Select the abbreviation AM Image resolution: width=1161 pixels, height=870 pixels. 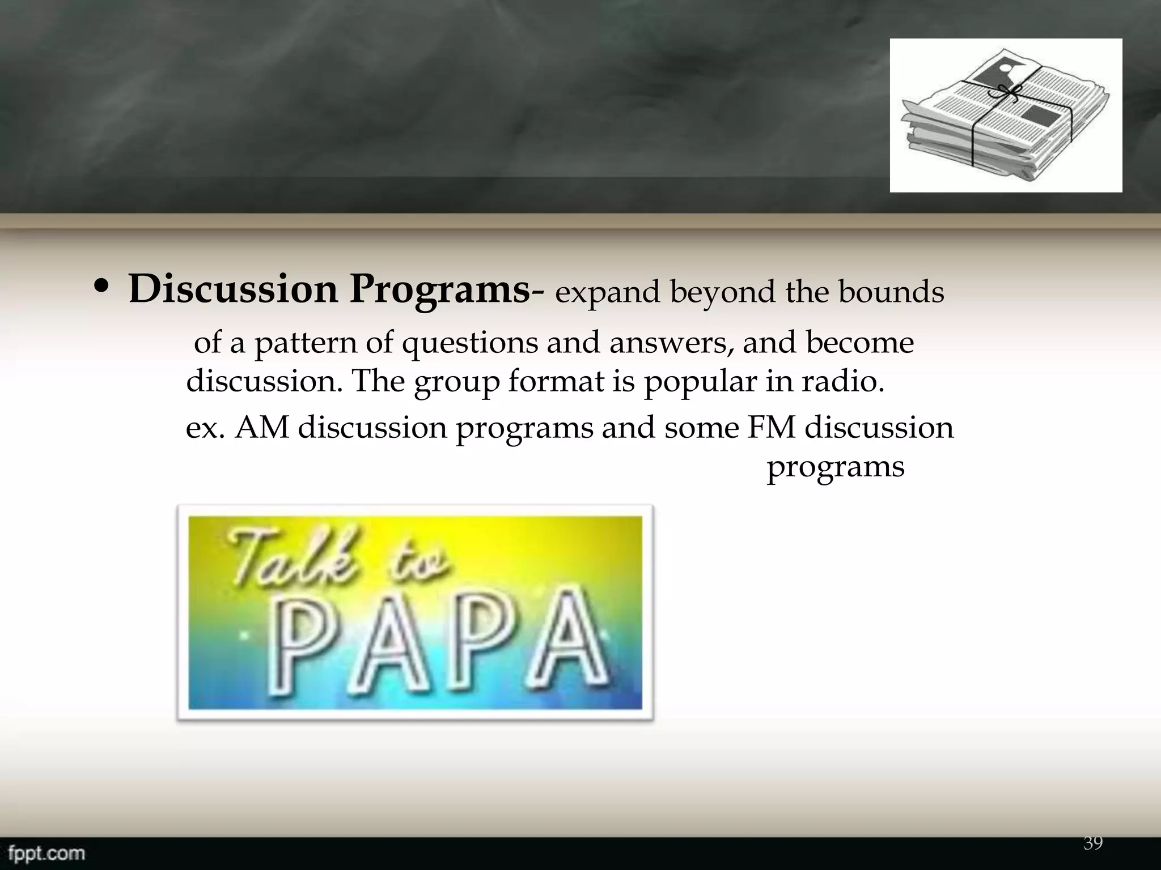point(262,428)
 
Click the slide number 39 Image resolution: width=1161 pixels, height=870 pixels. point(1093,843)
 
